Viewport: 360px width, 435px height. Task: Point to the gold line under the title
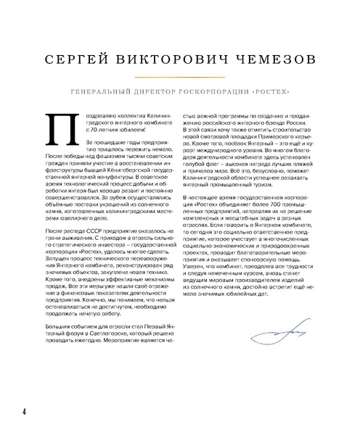click(179, 76)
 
